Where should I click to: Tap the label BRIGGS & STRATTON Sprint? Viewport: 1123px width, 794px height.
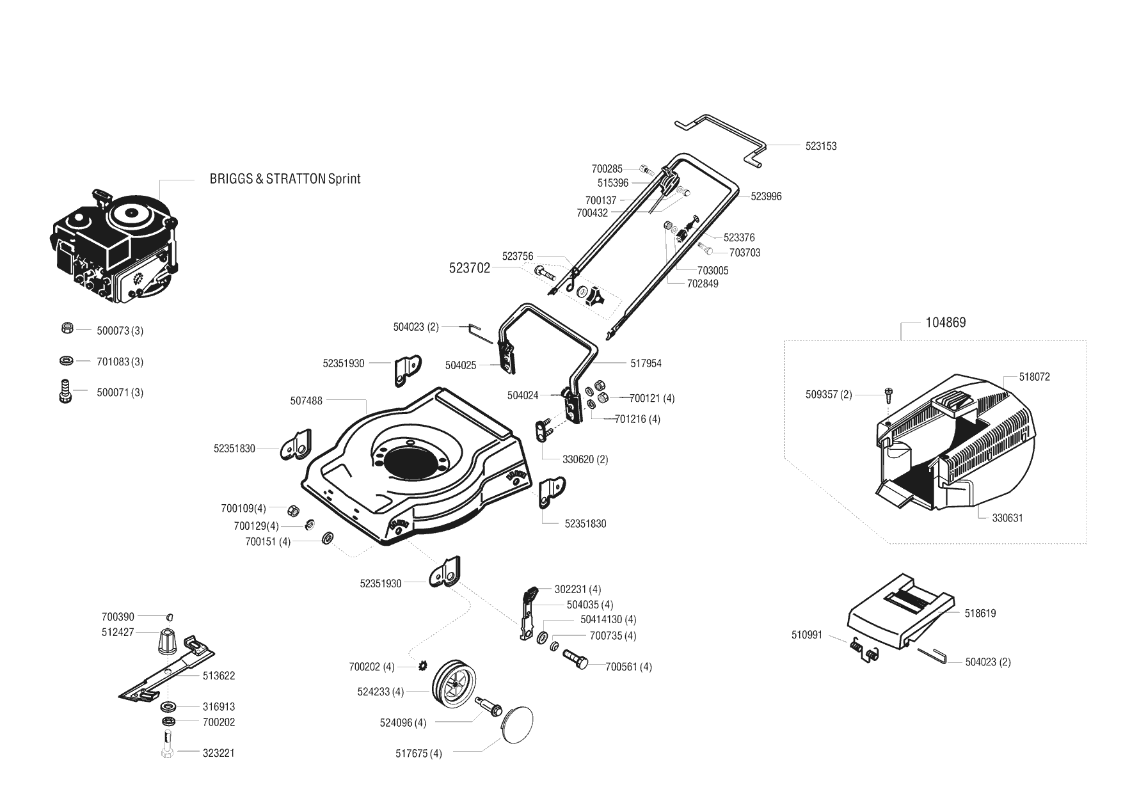coord(285,179)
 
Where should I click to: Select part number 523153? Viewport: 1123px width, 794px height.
coord(821,146)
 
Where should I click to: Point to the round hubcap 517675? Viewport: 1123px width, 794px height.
coord(518,725)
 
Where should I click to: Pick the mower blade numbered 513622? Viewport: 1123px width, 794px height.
coord(166,666)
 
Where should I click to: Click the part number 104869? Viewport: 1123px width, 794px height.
coord(946,322)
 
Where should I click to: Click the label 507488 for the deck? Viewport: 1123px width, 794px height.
coord(307,401)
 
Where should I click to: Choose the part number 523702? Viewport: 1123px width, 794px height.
coord(470,268)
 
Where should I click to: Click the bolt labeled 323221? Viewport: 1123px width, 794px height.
coord(168,746)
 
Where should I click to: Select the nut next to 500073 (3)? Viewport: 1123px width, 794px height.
coord(66,328)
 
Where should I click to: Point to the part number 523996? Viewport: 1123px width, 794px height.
coord(766,196)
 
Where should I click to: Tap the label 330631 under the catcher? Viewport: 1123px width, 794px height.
coord(1007,518)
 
